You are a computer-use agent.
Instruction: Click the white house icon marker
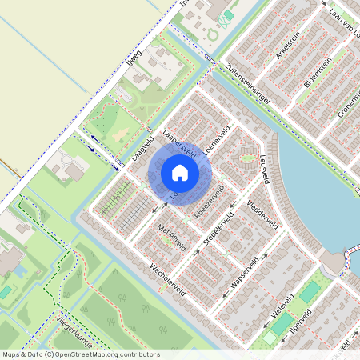(x=180, y=172)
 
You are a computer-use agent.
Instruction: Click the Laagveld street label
(x=142, y=149)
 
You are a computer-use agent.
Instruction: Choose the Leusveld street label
(x=263, y=169)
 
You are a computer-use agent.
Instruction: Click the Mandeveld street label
(x=170, y=237)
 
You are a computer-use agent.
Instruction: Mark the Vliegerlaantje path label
(x=74, y=334)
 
